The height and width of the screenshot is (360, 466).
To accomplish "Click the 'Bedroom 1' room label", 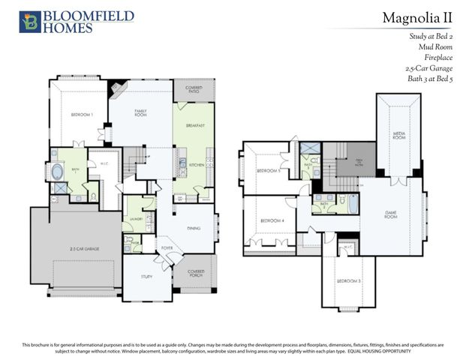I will point(82,115).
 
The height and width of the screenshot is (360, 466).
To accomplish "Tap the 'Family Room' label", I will point(140,112).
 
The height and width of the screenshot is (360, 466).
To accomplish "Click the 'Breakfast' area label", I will point(196,125).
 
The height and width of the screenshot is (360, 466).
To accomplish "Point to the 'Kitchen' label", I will point(197,164).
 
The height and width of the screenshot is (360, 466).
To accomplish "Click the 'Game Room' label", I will point(390,214).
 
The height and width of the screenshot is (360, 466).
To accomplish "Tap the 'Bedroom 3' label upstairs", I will point(347,280).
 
